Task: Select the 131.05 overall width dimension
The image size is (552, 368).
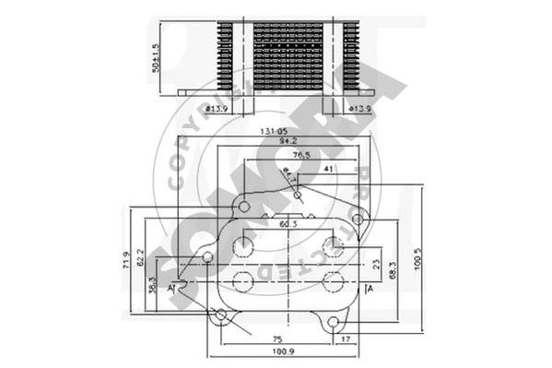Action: pyautogui.click(x=275, y=131)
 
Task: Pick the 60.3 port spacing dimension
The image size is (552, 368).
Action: pyautogui.click(x=288, y=224)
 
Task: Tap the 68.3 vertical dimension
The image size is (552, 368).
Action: pyautogui.click(x=393, y=269)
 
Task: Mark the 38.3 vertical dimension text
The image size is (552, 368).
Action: pyautogui.click(x=152, y=285)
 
